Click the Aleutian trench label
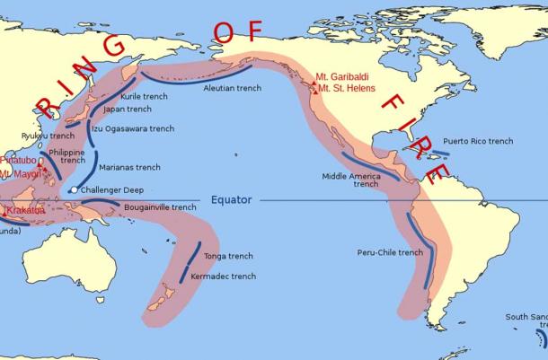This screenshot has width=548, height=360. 232,89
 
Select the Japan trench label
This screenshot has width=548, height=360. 128,109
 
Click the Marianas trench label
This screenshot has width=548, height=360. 129,167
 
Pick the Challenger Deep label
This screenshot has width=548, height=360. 112,190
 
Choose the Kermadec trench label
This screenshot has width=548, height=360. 224,277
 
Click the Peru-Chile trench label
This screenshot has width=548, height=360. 389,252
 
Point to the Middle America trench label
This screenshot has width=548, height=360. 353,180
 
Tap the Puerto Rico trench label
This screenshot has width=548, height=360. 478,142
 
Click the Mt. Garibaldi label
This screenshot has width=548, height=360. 346,76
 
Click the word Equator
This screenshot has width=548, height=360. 231,199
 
